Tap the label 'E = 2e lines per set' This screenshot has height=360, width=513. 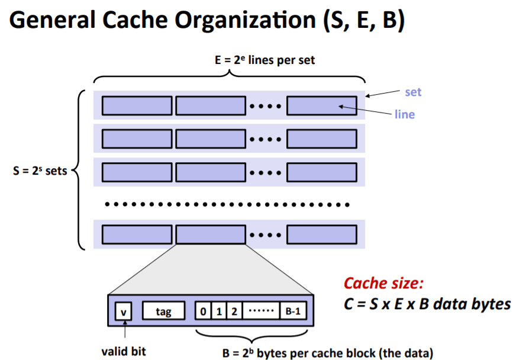point(264,60)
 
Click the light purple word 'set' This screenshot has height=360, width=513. point(413,92)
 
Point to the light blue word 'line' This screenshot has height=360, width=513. point(405,114)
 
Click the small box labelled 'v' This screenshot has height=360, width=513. point(124,311)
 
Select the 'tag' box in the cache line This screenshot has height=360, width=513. point(163,311)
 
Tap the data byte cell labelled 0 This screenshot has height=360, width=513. point(204,311)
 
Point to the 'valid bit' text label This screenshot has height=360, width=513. point(123,351)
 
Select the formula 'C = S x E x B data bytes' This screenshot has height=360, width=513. point(427,304)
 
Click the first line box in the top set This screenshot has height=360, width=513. point(137,105)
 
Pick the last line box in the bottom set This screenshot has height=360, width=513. point(322,234)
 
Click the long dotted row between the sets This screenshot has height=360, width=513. point(226,205)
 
